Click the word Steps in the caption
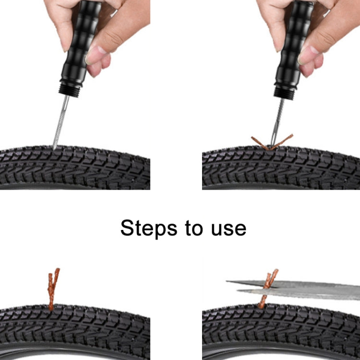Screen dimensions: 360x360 click(x=148, y=228)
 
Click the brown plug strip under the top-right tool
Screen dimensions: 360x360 click(x=262, y=143)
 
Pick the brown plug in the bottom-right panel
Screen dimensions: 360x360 click(x=266, y=288)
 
